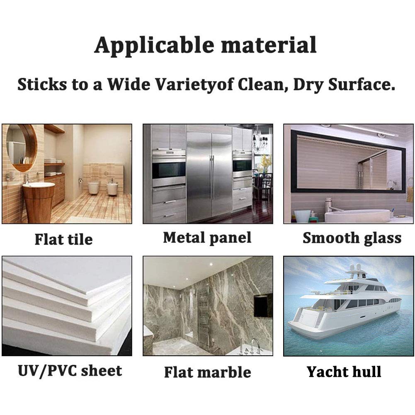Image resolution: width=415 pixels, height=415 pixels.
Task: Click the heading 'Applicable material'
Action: [x=205, y=46]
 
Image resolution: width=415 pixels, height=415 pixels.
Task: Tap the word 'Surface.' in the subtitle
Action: [x=362, y=85]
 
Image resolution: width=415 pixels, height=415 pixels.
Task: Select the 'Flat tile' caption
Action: [x=64, y=239]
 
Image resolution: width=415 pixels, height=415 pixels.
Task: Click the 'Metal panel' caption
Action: [x=207, y=238]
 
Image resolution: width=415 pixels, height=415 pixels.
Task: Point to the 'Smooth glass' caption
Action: [x=352, y=238]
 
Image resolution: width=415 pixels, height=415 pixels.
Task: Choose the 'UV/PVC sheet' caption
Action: [x=70, y=371]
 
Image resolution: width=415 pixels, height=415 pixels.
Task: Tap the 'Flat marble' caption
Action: [x=207, y=372]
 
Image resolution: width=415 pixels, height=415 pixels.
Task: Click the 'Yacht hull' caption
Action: [x=344, y=371]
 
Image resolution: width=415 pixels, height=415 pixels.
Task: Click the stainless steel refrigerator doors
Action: [x=209, y=177]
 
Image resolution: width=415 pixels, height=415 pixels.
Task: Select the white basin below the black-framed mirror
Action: [x=358, y=216]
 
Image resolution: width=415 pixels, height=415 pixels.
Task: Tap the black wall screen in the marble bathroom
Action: [x=263, y=305]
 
